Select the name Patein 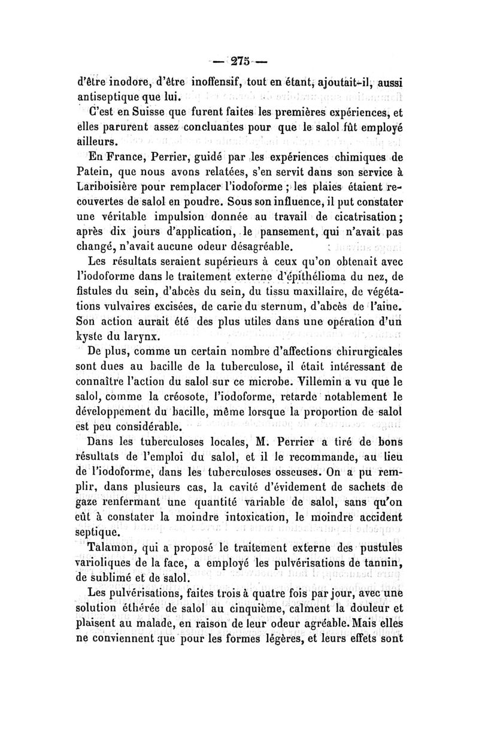[96, 174]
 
